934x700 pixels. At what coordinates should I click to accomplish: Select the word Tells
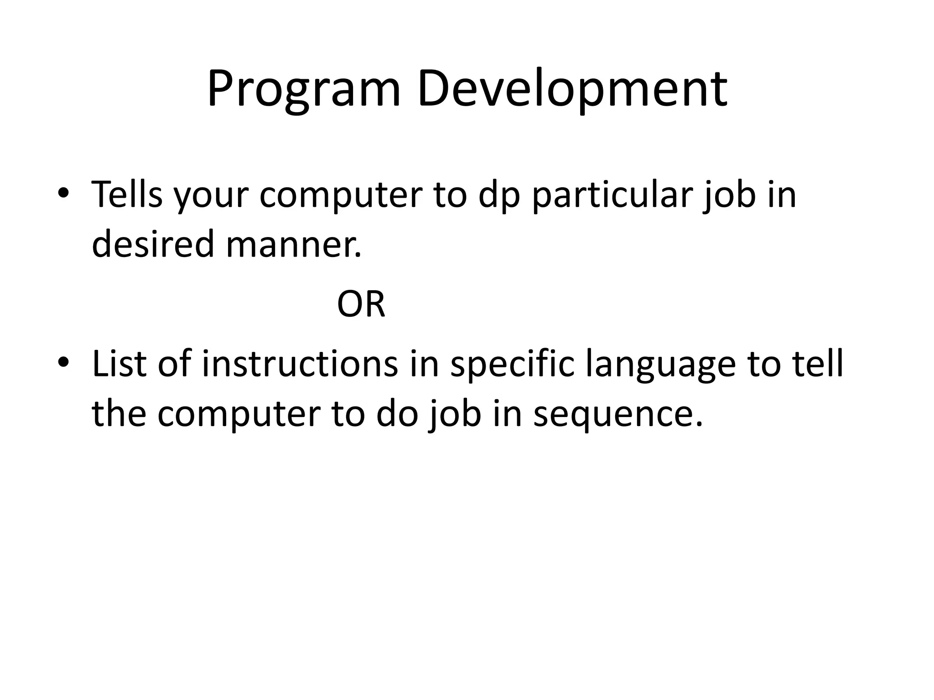(127, 195)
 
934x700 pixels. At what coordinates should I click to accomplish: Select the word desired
(153, 244)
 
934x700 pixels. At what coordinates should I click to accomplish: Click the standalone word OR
(361, 304)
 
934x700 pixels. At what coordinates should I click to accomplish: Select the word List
(119, 364)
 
